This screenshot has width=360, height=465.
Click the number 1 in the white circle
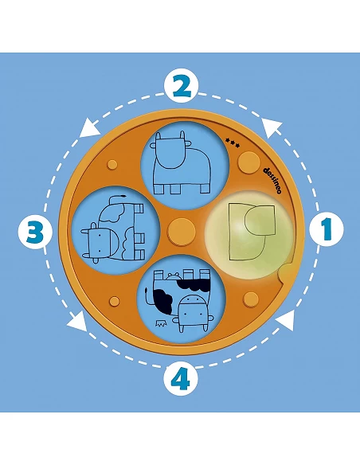click(327, 229)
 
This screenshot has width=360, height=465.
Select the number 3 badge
click(36, 232)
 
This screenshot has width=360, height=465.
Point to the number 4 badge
click(181, 379)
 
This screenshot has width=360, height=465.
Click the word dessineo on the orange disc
click(272, 180)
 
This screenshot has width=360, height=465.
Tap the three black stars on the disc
click(233, 143)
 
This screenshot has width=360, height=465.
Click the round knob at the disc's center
click(182, 232)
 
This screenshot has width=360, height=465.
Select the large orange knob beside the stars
click(249, 162)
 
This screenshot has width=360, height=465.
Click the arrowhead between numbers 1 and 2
click(272, 128)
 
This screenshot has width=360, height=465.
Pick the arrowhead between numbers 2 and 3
click(89, 128)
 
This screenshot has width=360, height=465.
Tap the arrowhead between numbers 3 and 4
click(77, 322)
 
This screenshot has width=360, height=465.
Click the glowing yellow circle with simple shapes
click(248, 235)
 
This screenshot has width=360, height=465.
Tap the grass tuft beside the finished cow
click(160, 323)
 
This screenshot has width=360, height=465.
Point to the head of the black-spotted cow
click(193, 313)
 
